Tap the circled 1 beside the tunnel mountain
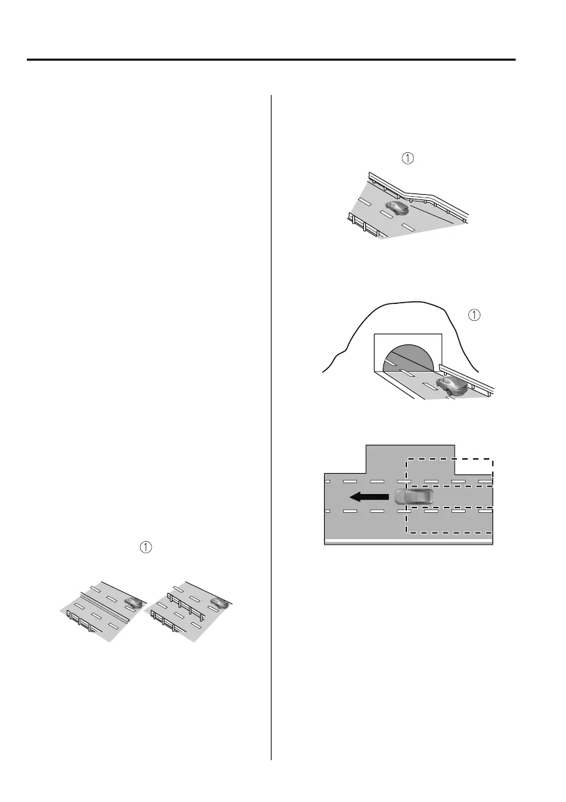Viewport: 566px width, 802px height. tap(474, 315)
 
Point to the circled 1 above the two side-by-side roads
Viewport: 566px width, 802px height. tap(145, 549)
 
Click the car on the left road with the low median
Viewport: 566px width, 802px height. tap(133, 602)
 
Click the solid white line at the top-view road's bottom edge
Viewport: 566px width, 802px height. tap(408, 541)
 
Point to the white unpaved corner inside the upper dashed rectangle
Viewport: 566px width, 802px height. tap(474, 468)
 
